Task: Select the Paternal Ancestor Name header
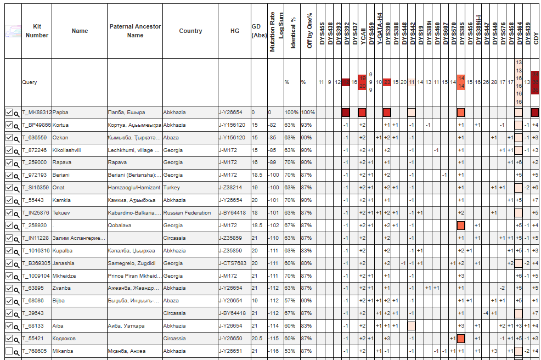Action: click(x=134, y=31)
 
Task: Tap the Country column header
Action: click(x=190, y=31)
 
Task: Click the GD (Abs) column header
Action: click(x=256, y=31)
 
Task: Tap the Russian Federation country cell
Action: click(x=187, y=213)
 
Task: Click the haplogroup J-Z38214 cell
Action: click(x=230, y=188)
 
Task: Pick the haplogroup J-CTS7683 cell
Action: click(x=233, y=263)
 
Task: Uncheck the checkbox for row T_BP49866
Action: click(x=8, y=125)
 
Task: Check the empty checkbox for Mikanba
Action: click(x=8, y=351)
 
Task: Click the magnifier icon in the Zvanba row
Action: click(x=17, y=289)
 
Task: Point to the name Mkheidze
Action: click(x=64, y=276)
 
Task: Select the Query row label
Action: click(x=30, y=82)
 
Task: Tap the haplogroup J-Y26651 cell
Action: click(x=230, y=351)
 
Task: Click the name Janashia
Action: click(x=65, y=263)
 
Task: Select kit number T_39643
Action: click(x=32, y=313)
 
